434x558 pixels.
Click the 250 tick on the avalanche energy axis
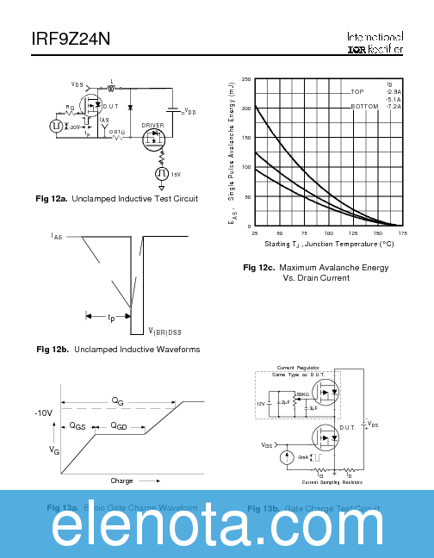(x=246, y=79)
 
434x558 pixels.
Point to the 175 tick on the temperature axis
(x=402, y=233)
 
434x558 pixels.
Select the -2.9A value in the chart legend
(x=394, y=91)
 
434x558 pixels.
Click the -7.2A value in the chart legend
(x=394, y=106)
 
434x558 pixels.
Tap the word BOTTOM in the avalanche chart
(x=364, y=106)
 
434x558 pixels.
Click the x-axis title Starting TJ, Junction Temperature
(x=328, y=245)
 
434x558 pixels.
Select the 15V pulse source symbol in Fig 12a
(x=160, y=174)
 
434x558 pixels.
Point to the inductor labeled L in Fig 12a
(x=112, y=87)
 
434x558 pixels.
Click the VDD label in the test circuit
(x=189, y=112)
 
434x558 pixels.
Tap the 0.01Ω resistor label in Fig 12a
(x=117, y=132)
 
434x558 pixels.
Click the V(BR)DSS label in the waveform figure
(x=164, y=331)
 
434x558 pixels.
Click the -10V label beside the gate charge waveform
(x=44, y=413)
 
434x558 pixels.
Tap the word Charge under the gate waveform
(x=121, y=480)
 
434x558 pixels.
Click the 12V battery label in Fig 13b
(x=261, y=403)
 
